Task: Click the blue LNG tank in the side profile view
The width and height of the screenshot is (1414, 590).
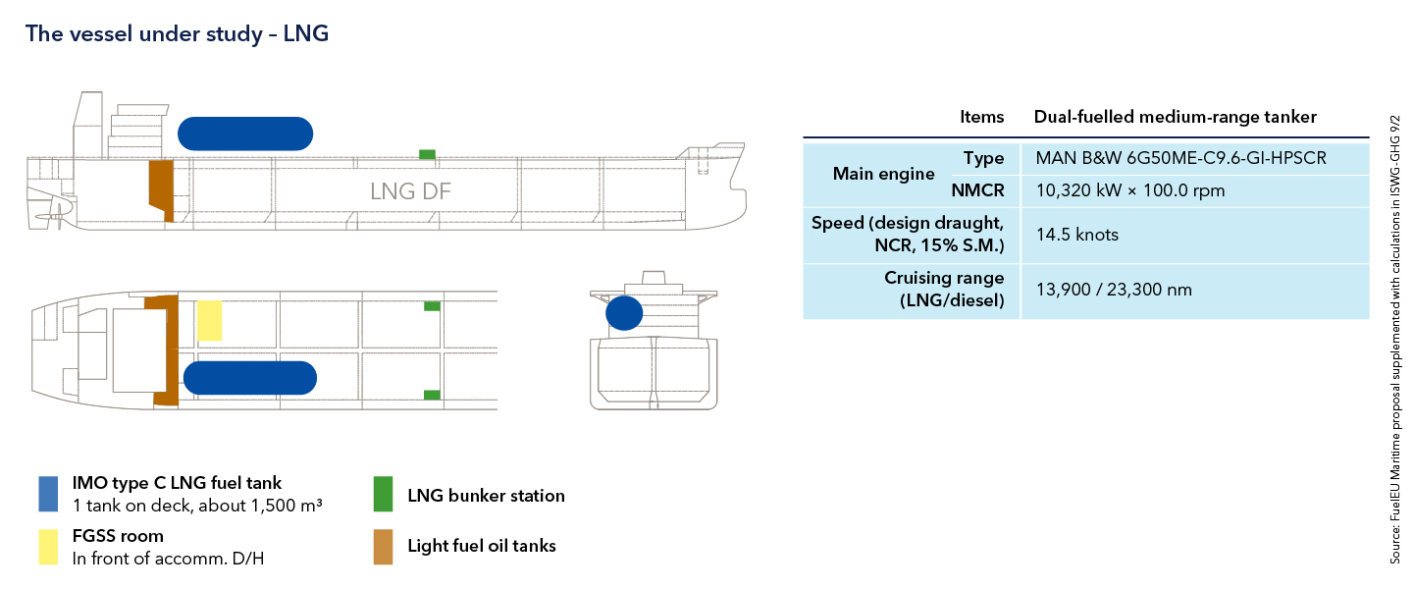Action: click(x=245, y=134)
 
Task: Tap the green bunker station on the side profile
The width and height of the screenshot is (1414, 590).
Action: click(x=427, y=154)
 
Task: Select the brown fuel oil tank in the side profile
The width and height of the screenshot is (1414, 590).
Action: click(x=161, y=189)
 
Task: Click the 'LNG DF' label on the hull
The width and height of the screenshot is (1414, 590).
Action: click(x=410, y=191)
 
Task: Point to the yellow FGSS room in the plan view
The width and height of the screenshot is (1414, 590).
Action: click(x=210, y=321)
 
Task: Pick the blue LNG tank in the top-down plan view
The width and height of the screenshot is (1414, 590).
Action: click(x=249, y=378)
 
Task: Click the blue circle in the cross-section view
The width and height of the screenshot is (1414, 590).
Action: click(x=624, y=313)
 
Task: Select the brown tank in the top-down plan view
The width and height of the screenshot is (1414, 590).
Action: click(x=164, y=349)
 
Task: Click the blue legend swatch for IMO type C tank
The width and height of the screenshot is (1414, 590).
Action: click(x=49, y=494)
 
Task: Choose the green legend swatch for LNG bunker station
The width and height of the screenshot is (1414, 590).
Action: click(x=383, y=495)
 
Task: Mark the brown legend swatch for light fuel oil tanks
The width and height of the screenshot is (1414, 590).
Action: click(x=383, y=547)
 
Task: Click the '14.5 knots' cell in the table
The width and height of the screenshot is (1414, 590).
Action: click(x=1077, y=236)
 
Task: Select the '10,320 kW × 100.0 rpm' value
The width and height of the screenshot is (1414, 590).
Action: click(x=1130, y=190)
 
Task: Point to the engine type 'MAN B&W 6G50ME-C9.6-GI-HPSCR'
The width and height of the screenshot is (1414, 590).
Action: click(x=1180, y=158)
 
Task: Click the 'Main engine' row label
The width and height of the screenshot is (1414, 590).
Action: click(x=883, y=174)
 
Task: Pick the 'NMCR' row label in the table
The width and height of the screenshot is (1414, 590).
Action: click(x=977, y=190)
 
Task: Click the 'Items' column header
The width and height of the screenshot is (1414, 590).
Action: click(x=981, y=117)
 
